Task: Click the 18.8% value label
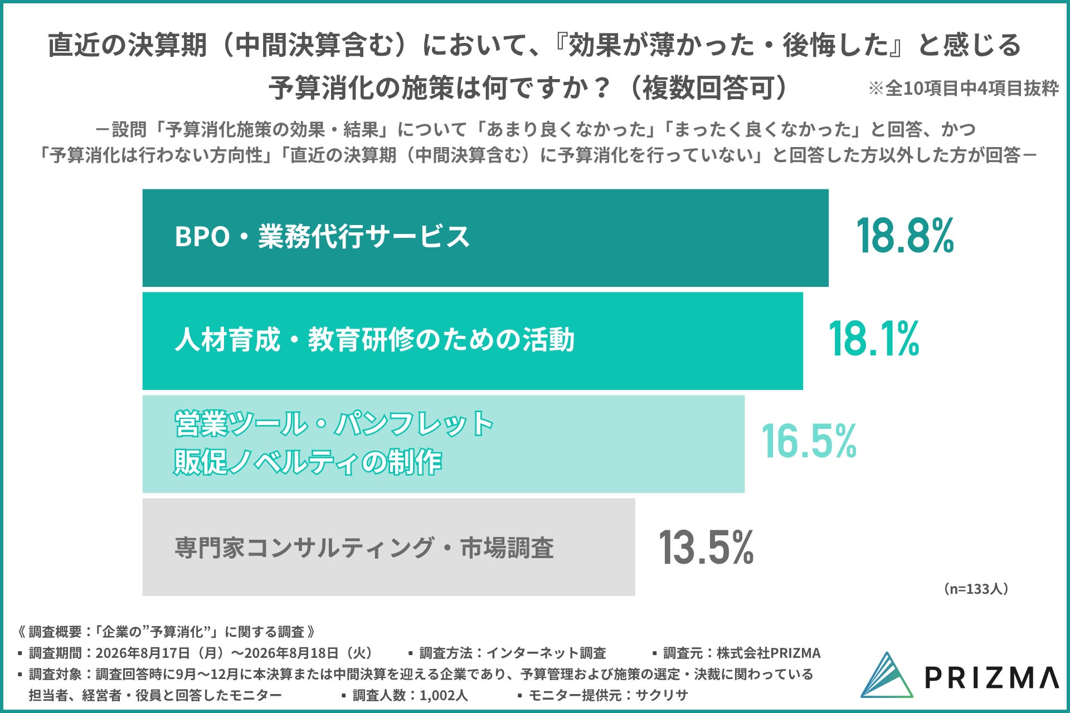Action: (905, 236)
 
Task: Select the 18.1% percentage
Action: (874, 339)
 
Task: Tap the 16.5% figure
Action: (809, 441)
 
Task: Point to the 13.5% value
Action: (706, 547)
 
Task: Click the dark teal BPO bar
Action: (485, 238)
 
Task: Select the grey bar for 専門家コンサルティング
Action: (388, 547)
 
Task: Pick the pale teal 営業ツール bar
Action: (444, 444)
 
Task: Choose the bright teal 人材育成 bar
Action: (473, 341)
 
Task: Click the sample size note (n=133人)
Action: (976, 589)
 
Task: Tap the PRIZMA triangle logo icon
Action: (887, 676)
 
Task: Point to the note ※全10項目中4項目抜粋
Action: (964, 88)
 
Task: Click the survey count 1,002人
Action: (444, 695)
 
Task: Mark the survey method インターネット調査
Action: (546, 653)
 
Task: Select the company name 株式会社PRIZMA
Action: (769, 653)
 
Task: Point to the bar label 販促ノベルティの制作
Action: (308, 462)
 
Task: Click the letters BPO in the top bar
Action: (202, 237)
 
